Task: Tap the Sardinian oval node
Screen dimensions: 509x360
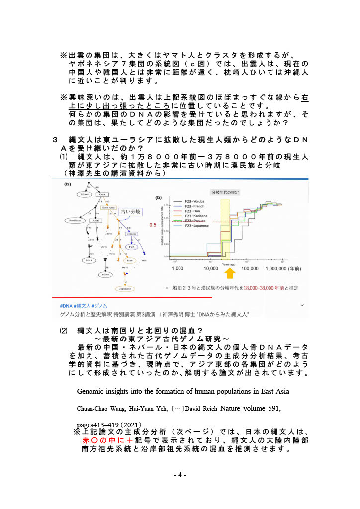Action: pyautogui.click(x=76, y=220)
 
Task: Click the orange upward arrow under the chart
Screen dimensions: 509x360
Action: pyautogui.click(x=230, y=274)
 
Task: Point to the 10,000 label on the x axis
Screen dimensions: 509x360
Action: pyautogui.click(x=213, y=268)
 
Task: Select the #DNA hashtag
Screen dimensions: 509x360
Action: pyautogui.click(x=66, y=305)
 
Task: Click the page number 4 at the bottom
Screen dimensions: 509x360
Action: pyautogui.click(x=180, y=475)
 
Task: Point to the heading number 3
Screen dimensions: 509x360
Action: pyautogui.click(x=56, y=140)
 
